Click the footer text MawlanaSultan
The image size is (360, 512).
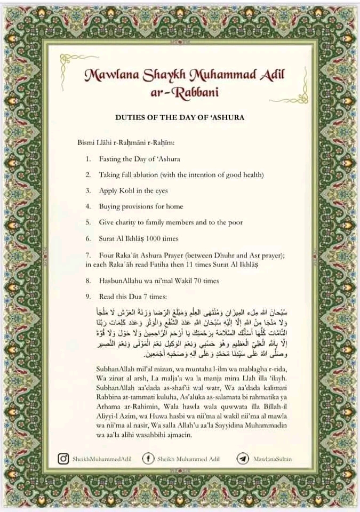click(x=273, y=459)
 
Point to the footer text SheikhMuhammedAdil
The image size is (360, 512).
click(x=100, y=459)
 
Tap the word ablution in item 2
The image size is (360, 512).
click(x=147, y=174)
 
